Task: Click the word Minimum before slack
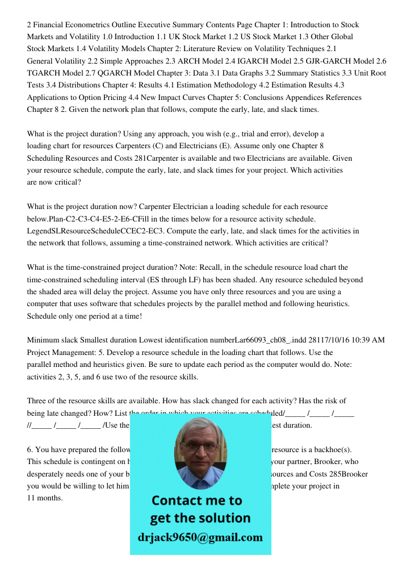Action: tap(43, 340)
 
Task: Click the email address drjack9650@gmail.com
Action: tap(200, 537)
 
